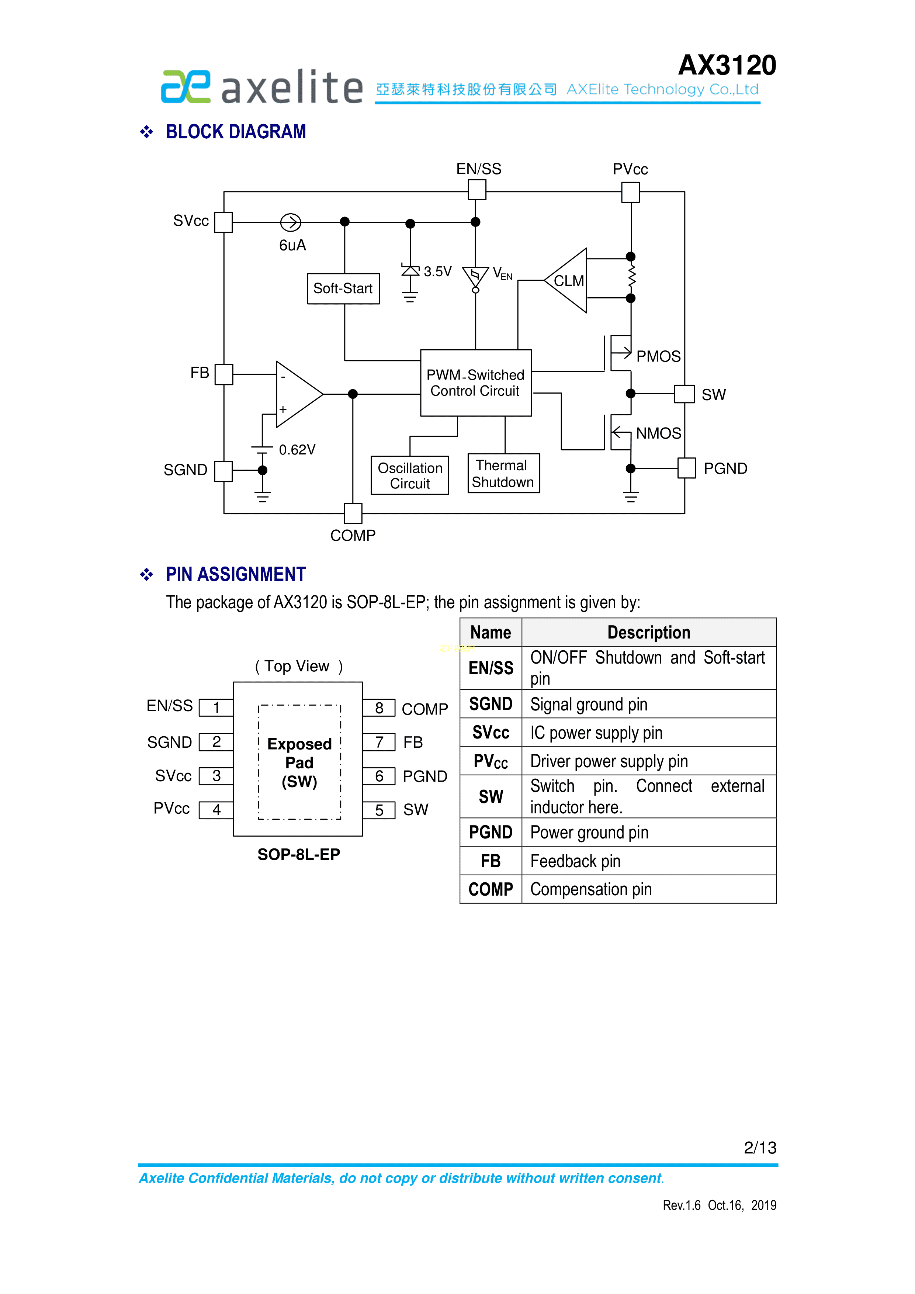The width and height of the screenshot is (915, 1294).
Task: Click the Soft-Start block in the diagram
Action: pyautogui.click(x=343, y=288)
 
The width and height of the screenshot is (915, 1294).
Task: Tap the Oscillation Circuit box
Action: pyautogui.click(x=410, y=476)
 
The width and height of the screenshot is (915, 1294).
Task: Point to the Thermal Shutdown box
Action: pyautogui.click(x=503, y=473)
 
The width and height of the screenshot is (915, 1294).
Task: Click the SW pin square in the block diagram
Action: pyautogui.click(x=684, y=394)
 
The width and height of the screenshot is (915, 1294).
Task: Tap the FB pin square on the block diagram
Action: pyautogui.click(x=224, y=374)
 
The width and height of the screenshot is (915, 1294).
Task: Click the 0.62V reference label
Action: pyautogui.click(x=297, y=450)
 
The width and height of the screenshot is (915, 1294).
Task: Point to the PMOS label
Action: pyautogui.click(x=658, y=357)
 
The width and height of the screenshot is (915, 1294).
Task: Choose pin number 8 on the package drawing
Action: pyautogui.click(x=379, y=709)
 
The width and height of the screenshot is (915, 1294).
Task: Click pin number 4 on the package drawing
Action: pyautogui.click(x=216, y=810)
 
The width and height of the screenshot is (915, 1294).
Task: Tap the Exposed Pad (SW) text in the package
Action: pyautogui.click(x=299, y=762)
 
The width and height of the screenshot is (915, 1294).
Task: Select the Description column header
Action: pyautogui.click(x=648, y=632)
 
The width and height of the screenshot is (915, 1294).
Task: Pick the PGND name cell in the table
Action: pyautogui.click(x=491, y=833)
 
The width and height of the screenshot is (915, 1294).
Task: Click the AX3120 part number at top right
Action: pyautogui.click(x=727, y=65)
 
